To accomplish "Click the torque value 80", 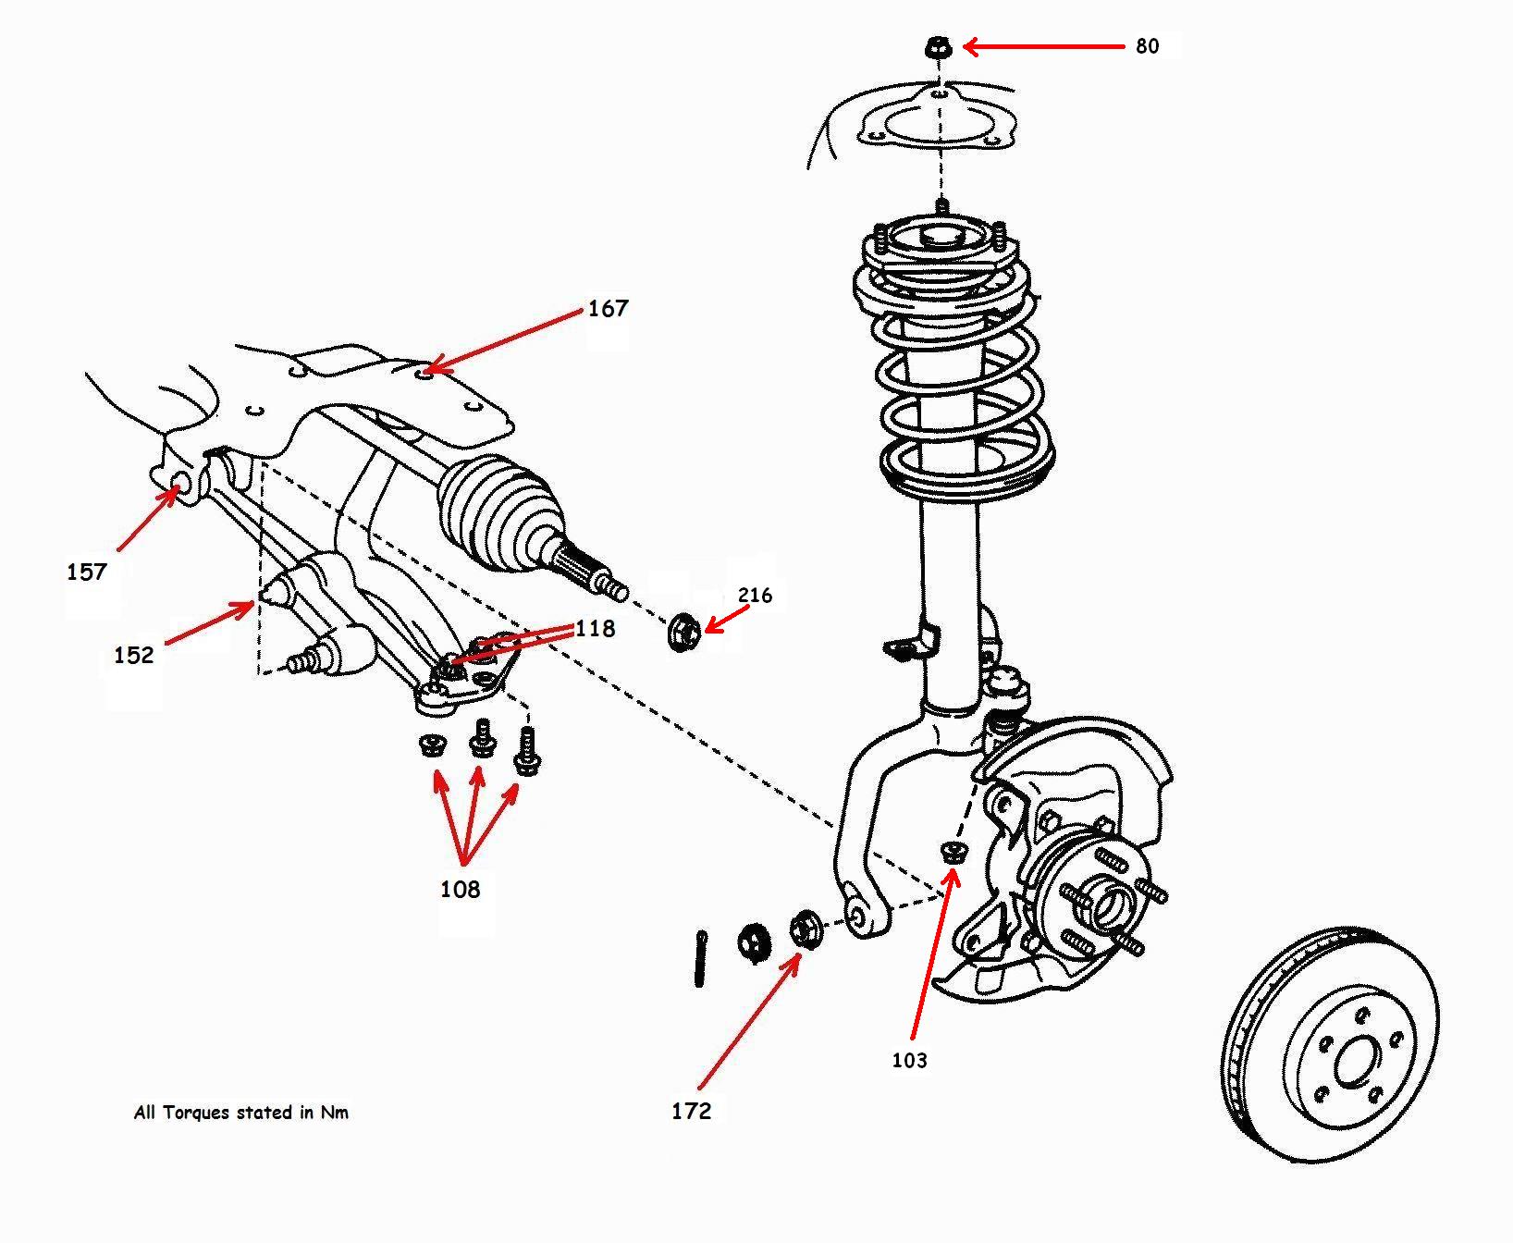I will [x=1147, y=46].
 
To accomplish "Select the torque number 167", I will [x=608, y=309].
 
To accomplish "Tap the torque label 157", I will [x=87, y=572].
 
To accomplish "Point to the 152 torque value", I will [x=133, y=656].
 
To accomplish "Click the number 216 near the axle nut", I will [x=755, y=595].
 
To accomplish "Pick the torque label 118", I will [x=595, y=629].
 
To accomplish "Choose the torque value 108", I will [x=460, y=890].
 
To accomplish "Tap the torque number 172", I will [x=691, y=1111].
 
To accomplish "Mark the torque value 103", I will [x=909, y=1061].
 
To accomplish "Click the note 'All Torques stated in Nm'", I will [x=241, y=1113].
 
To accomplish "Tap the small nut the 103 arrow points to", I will [x=953, y=852].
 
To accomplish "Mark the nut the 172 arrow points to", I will [x=804, y=929].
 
